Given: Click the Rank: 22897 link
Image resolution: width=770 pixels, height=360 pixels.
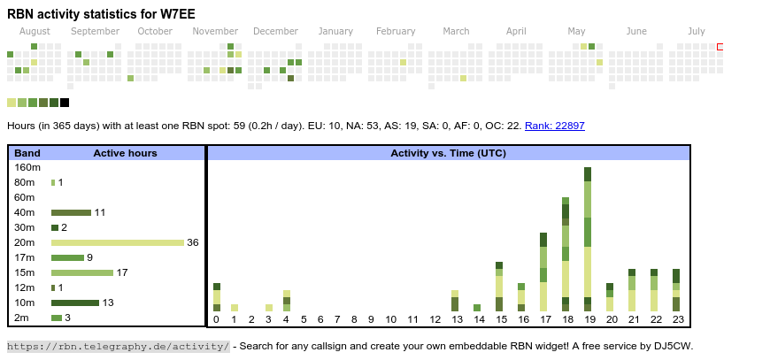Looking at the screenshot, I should pos(554,126).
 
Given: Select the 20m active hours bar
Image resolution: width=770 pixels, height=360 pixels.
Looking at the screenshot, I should pos(118,242).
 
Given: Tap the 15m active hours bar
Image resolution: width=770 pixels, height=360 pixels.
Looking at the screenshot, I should pos(82,272).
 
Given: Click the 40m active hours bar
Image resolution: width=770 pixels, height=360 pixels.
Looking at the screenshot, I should pos(71,212).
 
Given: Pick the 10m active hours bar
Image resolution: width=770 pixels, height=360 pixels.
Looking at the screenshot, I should pos(74,303).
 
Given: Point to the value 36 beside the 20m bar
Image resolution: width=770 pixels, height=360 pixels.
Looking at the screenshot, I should pos(192,242).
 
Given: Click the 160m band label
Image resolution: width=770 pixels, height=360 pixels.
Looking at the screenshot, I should pos(27,167).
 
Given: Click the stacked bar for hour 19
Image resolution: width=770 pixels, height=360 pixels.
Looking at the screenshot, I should pos(588,239).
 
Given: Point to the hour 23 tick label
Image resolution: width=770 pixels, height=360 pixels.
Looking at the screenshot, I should pos(678,319).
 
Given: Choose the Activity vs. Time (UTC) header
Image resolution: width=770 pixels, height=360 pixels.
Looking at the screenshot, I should pos(448,153).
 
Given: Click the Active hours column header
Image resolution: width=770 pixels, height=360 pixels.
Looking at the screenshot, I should pos(125,153).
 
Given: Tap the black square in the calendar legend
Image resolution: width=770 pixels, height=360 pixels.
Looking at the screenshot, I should pos(65,103).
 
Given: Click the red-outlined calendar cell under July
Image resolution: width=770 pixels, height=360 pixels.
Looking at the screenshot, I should pos(720,46).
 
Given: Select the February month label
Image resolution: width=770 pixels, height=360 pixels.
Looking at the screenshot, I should pos(396,31).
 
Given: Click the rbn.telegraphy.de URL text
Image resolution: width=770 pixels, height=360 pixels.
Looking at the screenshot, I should pos(119,346).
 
